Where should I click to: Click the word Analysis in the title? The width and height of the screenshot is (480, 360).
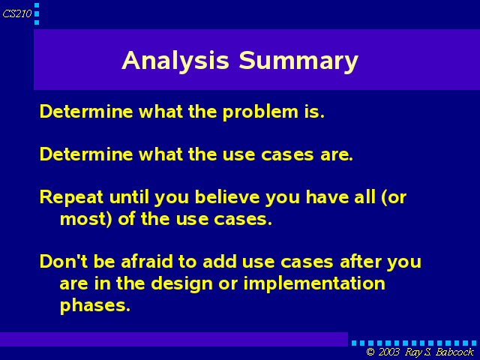click(x=175, y=61)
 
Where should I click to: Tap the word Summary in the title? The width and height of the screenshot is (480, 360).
click(x=298, y=61)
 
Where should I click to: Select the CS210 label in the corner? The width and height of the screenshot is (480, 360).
click(x=17, y=13)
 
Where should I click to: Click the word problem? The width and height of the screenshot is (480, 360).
click(x=260, y=112)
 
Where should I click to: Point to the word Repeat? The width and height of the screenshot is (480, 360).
click(x=71, y=197)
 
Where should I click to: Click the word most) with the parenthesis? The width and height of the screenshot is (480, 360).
click(x=86, y=219)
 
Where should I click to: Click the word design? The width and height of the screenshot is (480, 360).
click(x=182, y=284)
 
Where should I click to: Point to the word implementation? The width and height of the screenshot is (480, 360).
click(x=314, y=283)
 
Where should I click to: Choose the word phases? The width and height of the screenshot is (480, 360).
click(x=95, y=305)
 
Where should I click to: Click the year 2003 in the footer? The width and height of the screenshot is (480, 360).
click(x=389, y=352)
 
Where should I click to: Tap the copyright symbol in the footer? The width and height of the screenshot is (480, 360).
click(x=370, y=352)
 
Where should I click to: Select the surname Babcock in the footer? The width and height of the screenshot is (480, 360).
click(x=454, y=352)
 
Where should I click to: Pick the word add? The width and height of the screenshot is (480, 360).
click(x=220, y=262)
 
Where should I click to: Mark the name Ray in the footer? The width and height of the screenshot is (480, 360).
click(x=413, y=352)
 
